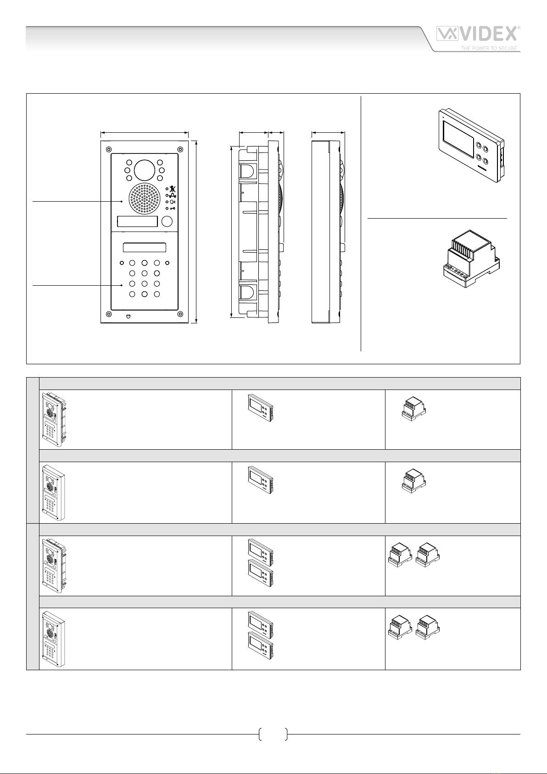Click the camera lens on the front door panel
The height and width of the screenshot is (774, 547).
coord(144,170)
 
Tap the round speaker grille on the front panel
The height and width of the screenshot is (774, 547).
coord(144,199)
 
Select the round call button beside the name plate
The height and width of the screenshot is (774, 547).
coord(167,221)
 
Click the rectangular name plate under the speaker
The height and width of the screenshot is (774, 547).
coord(137,221)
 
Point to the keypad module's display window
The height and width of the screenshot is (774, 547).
coord(144,248)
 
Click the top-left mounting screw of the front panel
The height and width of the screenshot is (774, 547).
coord(108,149)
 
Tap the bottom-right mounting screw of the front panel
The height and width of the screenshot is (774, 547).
coord(180,314)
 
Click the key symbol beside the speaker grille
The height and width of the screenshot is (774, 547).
coord(173,209)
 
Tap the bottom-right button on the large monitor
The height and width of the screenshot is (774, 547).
coord(486,161)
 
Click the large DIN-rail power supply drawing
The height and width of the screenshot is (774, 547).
coord(471,259)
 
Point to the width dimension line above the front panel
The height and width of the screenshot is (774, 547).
coord(144,132)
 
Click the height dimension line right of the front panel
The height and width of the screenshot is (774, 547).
coord(196,232)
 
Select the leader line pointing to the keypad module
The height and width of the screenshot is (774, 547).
coord(77,285)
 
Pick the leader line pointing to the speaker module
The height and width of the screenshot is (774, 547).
coord(77,201)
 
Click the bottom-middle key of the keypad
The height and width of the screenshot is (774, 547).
coord(144,294)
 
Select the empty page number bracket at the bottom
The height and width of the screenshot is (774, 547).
coord(273,734)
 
